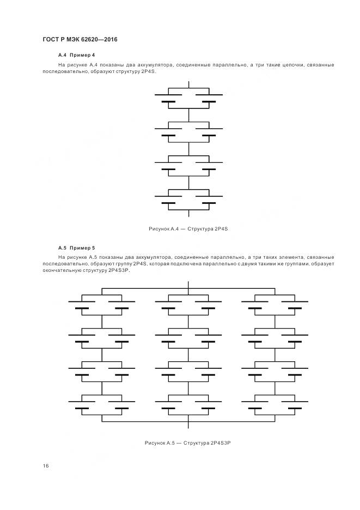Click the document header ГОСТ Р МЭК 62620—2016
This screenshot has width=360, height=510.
point(80,40)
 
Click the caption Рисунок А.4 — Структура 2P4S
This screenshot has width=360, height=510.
point(188,229)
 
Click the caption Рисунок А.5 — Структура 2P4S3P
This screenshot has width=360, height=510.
point(188,443)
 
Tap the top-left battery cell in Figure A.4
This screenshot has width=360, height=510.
point(168,99)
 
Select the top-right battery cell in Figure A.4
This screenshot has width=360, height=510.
point(209,99)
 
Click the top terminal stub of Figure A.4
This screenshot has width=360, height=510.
point(188,84)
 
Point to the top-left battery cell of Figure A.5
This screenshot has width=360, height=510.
point(82,305)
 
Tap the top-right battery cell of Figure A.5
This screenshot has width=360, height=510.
point(295,305)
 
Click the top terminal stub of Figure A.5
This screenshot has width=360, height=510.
point(188,284)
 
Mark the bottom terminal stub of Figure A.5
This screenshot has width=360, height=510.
point(188,425)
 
